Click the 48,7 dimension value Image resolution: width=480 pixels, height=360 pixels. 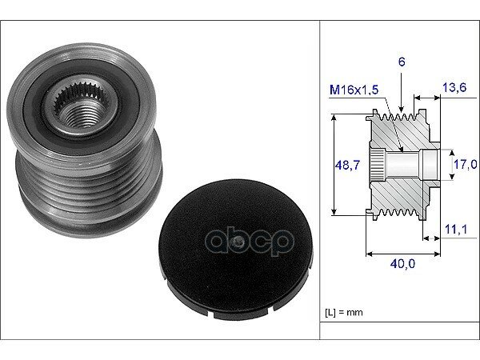coord(348,165)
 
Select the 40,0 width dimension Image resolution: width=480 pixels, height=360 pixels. coord(402,263)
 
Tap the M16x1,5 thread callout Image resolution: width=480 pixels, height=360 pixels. coord(354,90)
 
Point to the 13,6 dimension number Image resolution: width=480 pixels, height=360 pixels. coord(454,87)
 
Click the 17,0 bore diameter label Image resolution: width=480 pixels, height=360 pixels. coord(466,164)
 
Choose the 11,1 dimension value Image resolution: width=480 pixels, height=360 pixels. coord(456,229)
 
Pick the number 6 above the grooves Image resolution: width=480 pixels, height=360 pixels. coord(402,62)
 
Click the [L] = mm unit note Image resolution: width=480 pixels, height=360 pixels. coord(344,312)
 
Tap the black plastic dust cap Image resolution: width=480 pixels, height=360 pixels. coord(236,249)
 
